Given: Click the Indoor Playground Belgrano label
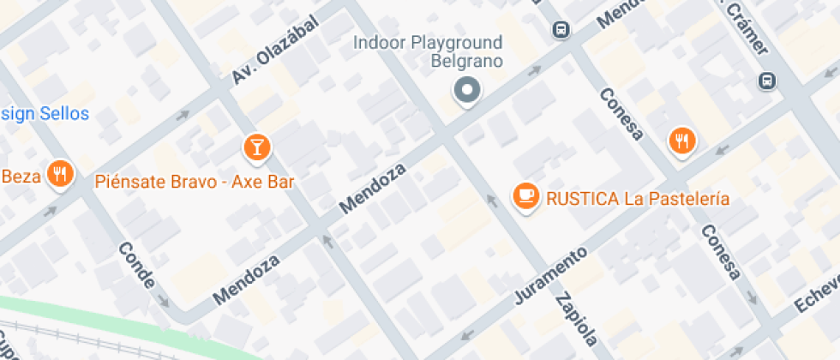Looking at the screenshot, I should click(428, 51).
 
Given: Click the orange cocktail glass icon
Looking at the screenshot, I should click(255, 147).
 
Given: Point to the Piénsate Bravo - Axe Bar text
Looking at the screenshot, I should click(195, 181).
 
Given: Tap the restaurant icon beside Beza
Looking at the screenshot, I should click(60, 174).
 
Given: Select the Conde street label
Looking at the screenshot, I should click(137, 265).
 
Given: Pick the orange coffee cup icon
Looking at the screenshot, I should click(525, 196).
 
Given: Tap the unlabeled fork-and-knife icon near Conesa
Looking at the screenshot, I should click(681, 140).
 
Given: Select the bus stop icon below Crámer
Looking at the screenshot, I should click(766, 81).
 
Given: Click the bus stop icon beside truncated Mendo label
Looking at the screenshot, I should click(561, 30).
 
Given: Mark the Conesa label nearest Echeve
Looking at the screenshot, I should click(721, 252).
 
